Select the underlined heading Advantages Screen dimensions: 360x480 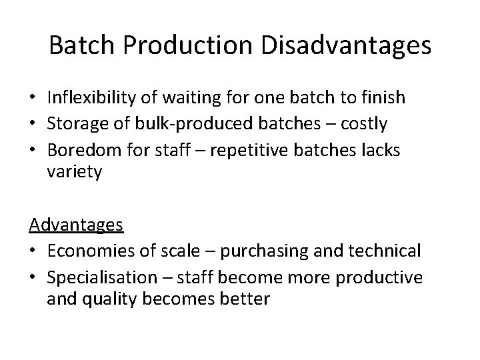pyautogui.click(x=76, y=224)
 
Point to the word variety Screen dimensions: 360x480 pyautogui.click(x=74, y=173)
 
